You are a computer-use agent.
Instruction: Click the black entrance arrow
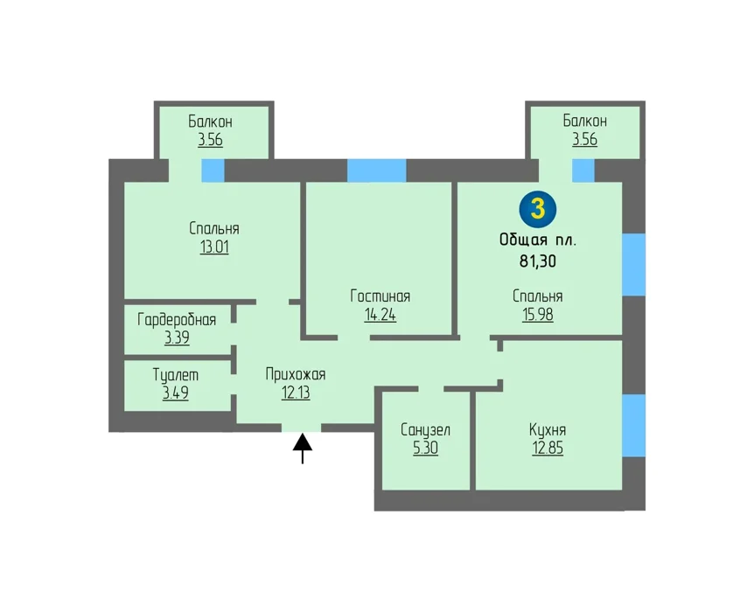click(303, 448)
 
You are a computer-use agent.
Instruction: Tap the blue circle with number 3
click(538, 209)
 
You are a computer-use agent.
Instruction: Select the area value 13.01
click(214, 247)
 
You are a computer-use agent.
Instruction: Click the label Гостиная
click(380, 296)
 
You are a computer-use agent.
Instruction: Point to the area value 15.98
click(538, 315)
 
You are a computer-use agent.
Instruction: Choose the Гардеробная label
click(177, 320)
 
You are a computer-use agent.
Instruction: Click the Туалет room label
click(176, 374)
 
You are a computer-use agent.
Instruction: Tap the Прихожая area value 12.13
click(296, 393)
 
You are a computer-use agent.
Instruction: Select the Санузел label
click(426, 429)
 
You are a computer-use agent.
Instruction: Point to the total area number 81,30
click(538, 261)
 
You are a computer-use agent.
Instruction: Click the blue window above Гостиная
click(376, 170)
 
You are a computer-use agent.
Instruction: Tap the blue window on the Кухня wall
click(634, 426)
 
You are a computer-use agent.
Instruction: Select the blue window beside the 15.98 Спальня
click(634, 264)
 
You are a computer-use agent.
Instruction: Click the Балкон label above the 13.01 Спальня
click(210, 122)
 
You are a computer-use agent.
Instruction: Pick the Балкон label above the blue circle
click(584, 120)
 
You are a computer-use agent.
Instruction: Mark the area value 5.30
click(426, 448)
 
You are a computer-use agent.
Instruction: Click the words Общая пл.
click(538, 240)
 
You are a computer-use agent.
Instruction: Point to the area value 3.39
click(177, 338)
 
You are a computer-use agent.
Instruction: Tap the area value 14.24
click(380, 315)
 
